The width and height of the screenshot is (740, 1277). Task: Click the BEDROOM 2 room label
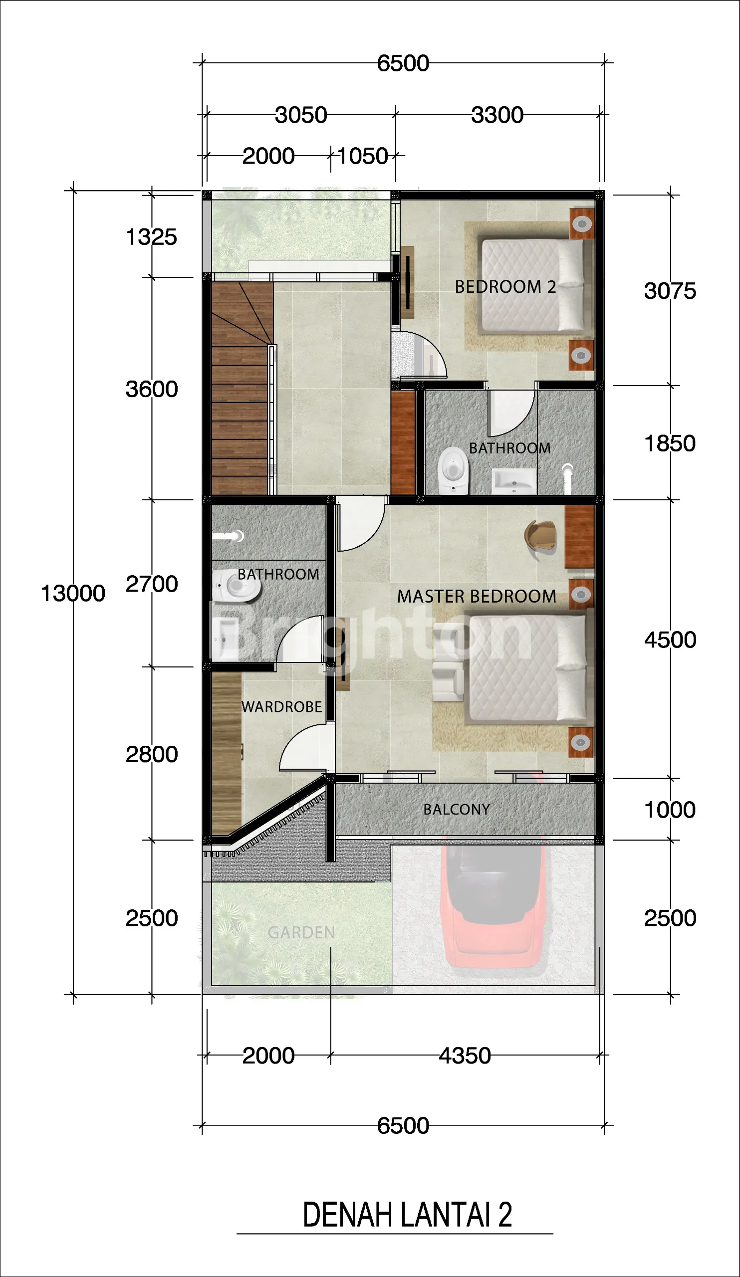click(x=505, y=287)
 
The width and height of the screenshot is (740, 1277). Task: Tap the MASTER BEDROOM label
click(x=477, y=597)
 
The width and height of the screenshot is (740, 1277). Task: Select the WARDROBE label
click(x=282, y=707)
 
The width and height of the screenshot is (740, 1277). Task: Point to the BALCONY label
click(x=457, y=809)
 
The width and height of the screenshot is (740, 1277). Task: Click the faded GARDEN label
click(x=301, y=932)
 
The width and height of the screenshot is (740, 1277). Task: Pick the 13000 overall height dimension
click(x=73, y=594)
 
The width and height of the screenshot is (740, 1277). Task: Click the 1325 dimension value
click(x=151, y=237)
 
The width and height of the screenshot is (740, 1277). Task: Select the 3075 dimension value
click(x=670, y=291)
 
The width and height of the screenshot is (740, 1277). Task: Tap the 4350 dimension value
click(x=465, y=1056)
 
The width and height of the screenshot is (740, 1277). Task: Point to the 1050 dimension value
click(x=362, y=156)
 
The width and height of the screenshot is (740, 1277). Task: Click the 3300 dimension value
click(x=497, y=115)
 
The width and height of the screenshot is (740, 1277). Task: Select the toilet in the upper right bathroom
click(x=453, y=470)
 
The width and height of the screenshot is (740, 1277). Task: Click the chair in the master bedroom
click(x=541, y=538)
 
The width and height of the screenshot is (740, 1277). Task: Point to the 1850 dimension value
click(x=670, y=444)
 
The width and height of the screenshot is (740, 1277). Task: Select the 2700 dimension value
click(x=152, y=584)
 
